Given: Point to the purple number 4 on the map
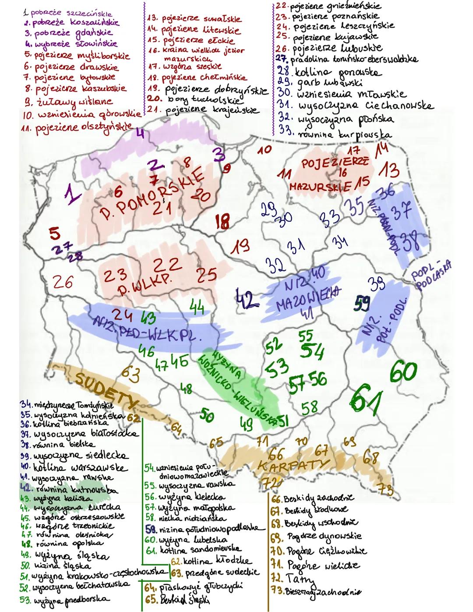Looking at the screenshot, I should click(140, 134).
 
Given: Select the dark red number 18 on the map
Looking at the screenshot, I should click(223, 221).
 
